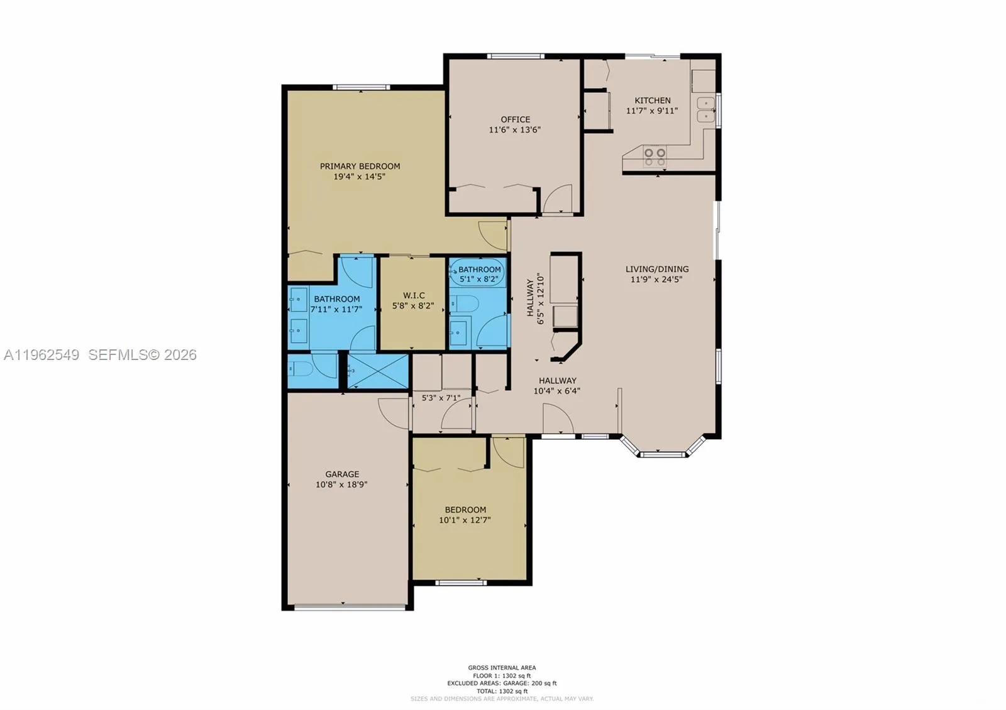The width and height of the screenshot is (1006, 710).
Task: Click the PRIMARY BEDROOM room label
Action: point(360,166)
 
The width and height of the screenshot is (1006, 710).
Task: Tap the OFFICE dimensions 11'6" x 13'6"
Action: point(515,130)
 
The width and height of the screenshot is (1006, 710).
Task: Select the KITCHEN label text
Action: point(652,101)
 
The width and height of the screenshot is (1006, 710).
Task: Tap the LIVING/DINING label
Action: point(656,269)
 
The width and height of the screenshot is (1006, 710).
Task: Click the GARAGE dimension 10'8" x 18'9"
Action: point(341,484)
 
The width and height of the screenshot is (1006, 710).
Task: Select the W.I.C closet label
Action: point(413,295)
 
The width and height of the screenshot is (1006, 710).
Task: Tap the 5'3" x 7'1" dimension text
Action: point(440,398)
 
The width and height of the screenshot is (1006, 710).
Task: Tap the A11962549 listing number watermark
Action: point(41,355)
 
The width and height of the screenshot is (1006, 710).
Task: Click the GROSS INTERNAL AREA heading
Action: point(502,668)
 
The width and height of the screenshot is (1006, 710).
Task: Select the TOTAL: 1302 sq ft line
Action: point(502,691)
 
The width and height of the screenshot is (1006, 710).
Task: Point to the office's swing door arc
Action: point(558,198)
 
